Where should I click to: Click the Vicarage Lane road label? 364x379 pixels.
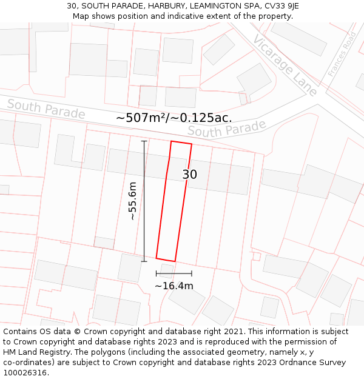point(285,65)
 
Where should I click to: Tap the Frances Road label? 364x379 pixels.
point(342,54)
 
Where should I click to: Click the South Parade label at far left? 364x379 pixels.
point(45,109)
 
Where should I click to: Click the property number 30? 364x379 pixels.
point(189,175)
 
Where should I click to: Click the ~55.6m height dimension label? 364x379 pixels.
point(132,201)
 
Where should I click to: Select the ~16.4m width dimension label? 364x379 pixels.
point(174,286)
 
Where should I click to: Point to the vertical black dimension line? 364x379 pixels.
point(144,201)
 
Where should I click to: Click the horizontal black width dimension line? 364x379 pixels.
point(174,273)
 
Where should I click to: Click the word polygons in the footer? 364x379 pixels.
point(101,352)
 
